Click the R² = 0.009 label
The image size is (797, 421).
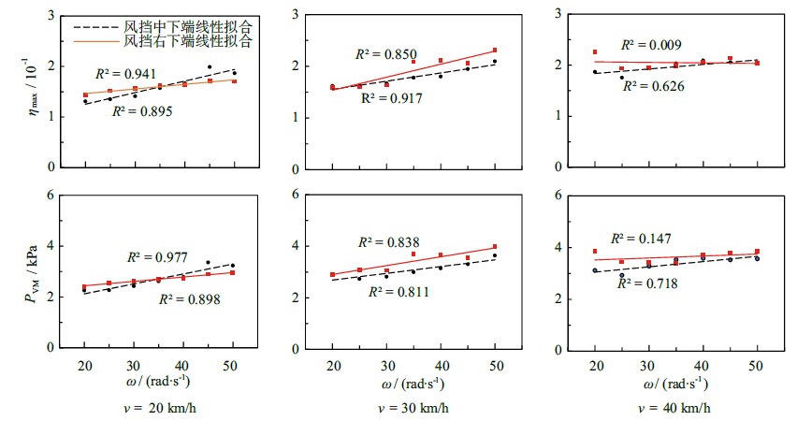[651, 45]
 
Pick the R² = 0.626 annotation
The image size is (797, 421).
[654, 86]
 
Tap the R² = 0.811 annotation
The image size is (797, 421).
[398, 292]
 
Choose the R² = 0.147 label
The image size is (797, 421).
[642, 239]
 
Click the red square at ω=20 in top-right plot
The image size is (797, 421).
[594, 52]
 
